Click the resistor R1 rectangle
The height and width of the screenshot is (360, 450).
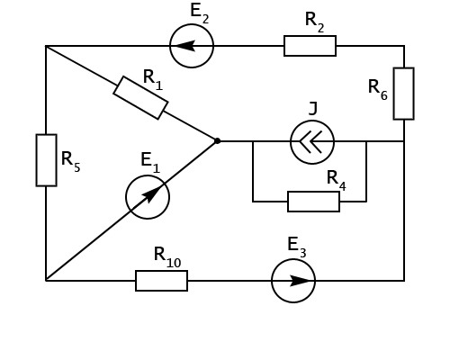click(x=140, y=98)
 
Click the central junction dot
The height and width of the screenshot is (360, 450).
click(x=217, y=140)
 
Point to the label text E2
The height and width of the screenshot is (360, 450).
click(x=200, y=13)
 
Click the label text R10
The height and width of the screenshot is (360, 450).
click(x=167, y=257)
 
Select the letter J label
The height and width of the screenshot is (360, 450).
click(x=313, y=108)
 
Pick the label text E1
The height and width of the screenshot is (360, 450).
click(x=150, y=163)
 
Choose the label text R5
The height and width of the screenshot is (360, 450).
click(x=71, y=162)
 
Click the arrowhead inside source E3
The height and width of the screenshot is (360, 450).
click(x=300, y=281)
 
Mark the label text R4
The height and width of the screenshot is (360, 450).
click(x=337, y=181)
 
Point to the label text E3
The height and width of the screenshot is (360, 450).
click(x=297, y=247)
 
